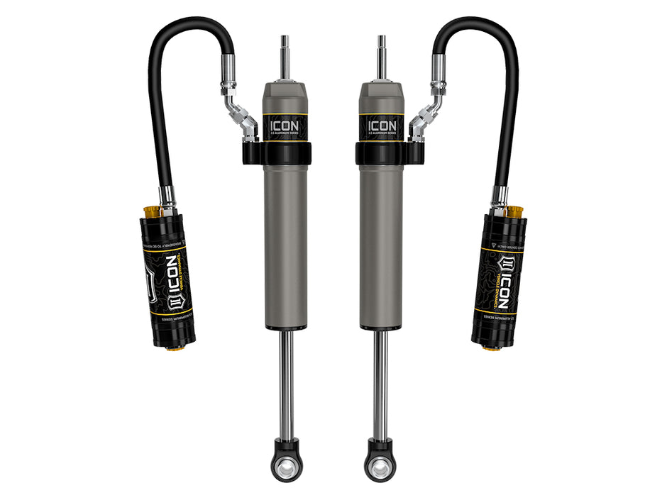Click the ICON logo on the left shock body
[x=284, y=126]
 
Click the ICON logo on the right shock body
[x=382, y=126]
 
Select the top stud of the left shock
[x=285, y=57]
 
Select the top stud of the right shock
[x=382, y=57]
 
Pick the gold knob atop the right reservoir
[x=514, y=212]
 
